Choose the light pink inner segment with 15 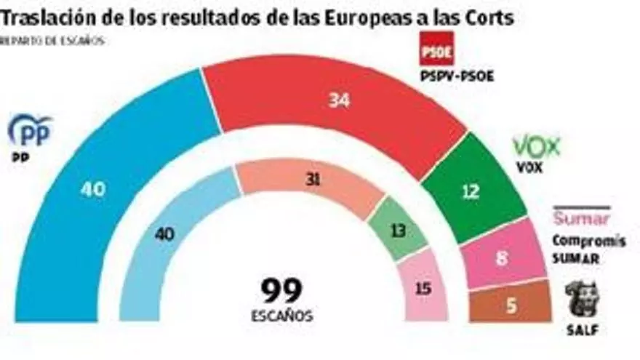pyautogui.click(x=423, y=288)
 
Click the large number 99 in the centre pyautogui.click(x=283, y=291)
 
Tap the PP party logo pyautogui.click(x=30, y=131)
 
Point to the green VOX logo pyautogui.click(x=537, y=147)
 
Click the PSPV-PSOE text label pyautogui.click(x=457, y=76)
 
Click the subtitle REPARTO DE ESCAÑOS pyautogui.click(x=52, y=41)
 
